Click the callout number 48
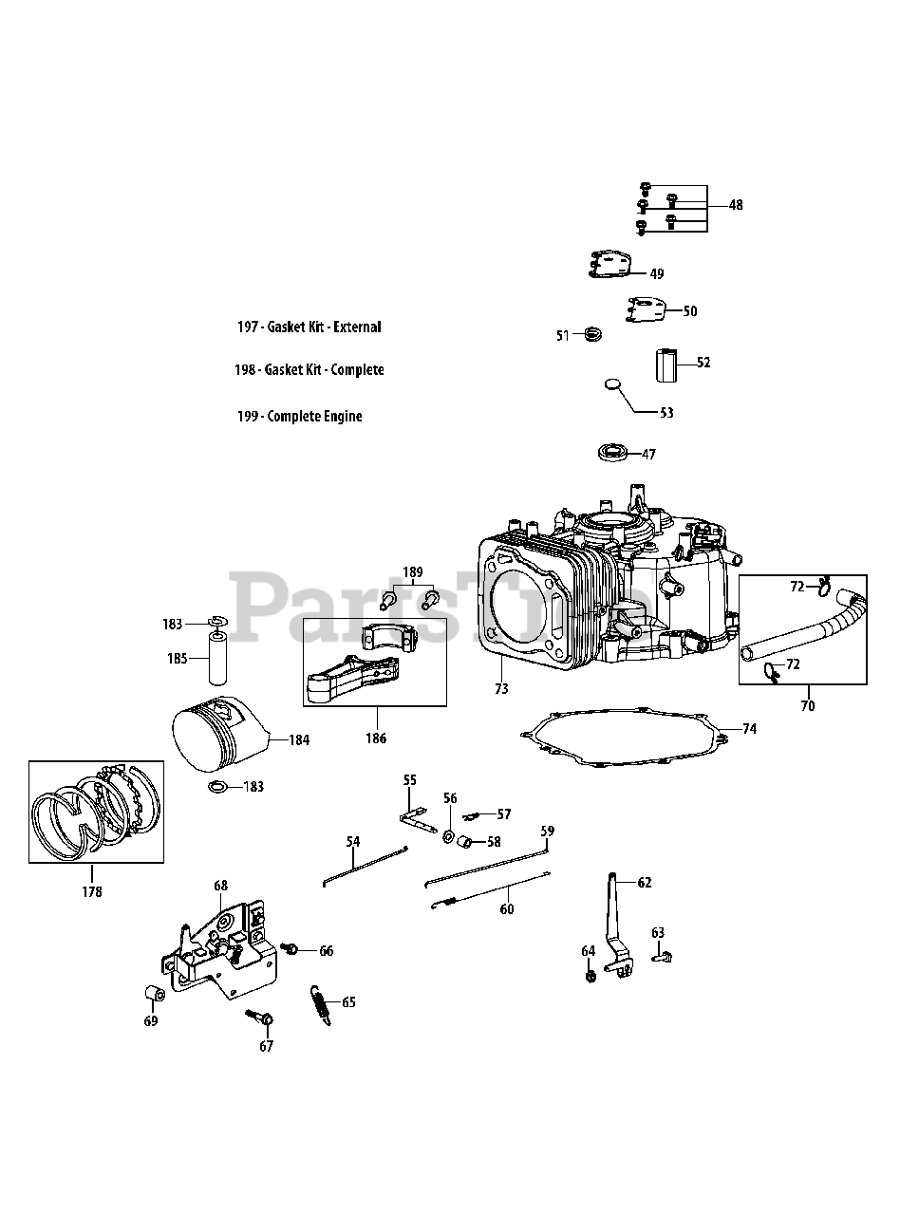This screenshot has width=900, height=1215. [x=737, y=205]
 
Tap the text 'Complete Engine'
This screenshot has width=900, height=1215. [x=314, y=417]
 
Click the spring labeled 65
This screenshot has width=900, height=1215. [x=321, y=1003]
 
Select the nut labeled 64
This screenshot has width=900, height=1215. [x=591, y=974]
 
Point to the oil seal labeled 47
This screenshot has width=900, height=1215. [x=614, y=453]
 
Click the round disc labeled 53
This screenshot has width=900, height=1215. [x=614, y=385]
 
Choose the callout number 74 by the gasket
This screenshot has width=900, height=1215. [x=749, y=729]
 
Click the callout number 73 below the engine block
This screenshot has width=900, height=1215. [x=501, y=688]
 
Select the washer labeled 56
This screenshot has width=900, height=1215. [x=447, y=834]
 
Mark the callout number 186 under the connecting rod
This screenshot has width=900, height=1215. [x=376, y=738]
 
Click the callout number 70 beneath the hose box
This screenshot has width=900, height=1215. [x=807, y=705]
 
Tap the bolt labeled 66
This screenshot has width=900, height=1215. [x=291, y=949]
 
